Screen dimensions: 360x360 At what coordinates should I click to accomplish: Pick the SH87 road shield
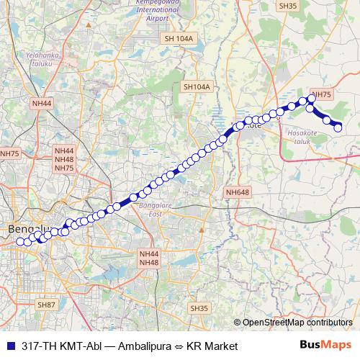[46, 305]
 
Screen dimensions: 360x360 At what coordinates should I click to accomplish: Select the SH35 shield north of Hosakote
[287, 6]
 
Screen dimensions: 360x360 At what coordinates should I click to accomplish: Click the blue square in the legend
[11, 346]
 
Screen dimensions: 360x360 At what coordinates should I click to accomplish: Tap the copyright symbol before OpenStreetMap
[238, 323]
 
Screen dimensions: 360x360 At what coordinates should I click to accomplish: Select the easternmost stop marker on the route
[338, 127]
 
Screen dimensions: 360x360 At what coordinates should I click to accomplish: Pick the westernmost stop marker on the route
[20, 241]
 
